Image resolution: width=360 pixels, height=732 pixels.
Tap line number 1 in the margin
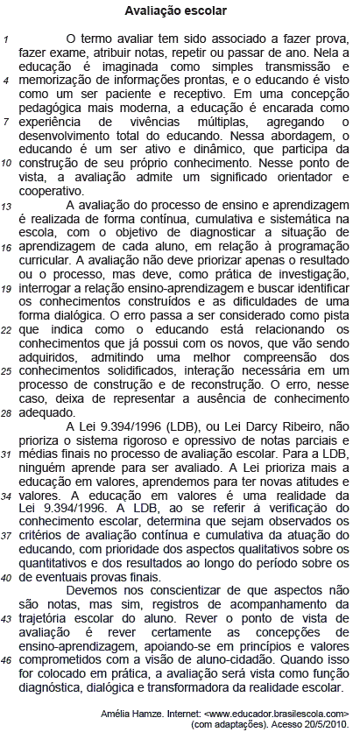6,41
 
